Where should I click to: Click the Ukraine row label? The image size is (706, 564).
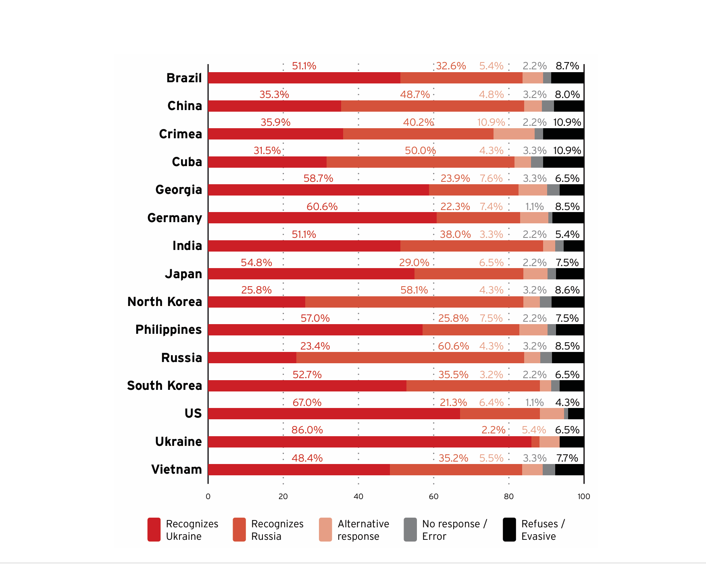[178, 441]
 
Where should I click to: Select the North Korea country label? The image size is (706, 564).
[165, 302]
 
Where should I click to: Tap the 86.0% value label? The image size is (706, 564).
[307, 430]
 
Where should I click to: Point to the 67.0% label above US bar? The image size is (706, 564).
[307, 402]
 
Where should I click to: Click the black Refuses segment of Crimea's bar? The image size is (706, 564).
[563, 134]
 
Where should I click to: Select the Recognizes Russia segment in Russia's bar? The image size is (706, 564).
[410, 358]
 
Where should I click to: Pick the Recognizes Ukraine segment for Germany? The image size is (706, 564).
[322, 218]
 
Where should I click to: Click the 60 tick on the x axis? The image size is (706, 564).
[433, 496]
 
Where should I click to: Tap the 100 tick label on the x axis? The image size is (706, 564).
[583, 496]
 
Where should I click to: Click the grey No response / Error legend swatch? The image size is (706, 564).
[410, 530]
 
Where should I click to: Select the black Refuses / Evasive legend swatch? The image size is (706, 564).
[509, 530]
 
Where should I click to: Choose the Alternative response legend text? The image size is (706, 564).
[363, 530]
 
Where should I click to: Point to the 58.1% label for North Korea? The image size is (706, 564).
[414, 290]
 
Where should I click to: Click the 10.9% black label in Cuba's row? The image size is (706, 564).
[567, 150]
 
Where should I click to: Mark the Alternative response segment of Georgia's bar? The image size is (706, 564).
[533, 190]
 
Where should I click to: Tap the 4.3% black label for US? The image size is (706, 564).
[567, 402]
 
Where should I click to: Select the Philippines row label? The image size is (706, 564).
[168, 329]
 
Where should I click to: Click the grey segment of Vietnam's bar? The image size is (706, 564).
[549, 470]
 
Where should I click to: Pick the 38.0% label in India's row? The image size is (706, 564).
[455, 234]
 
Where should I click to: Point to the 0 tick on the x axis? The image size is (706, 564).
[208, 496]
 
